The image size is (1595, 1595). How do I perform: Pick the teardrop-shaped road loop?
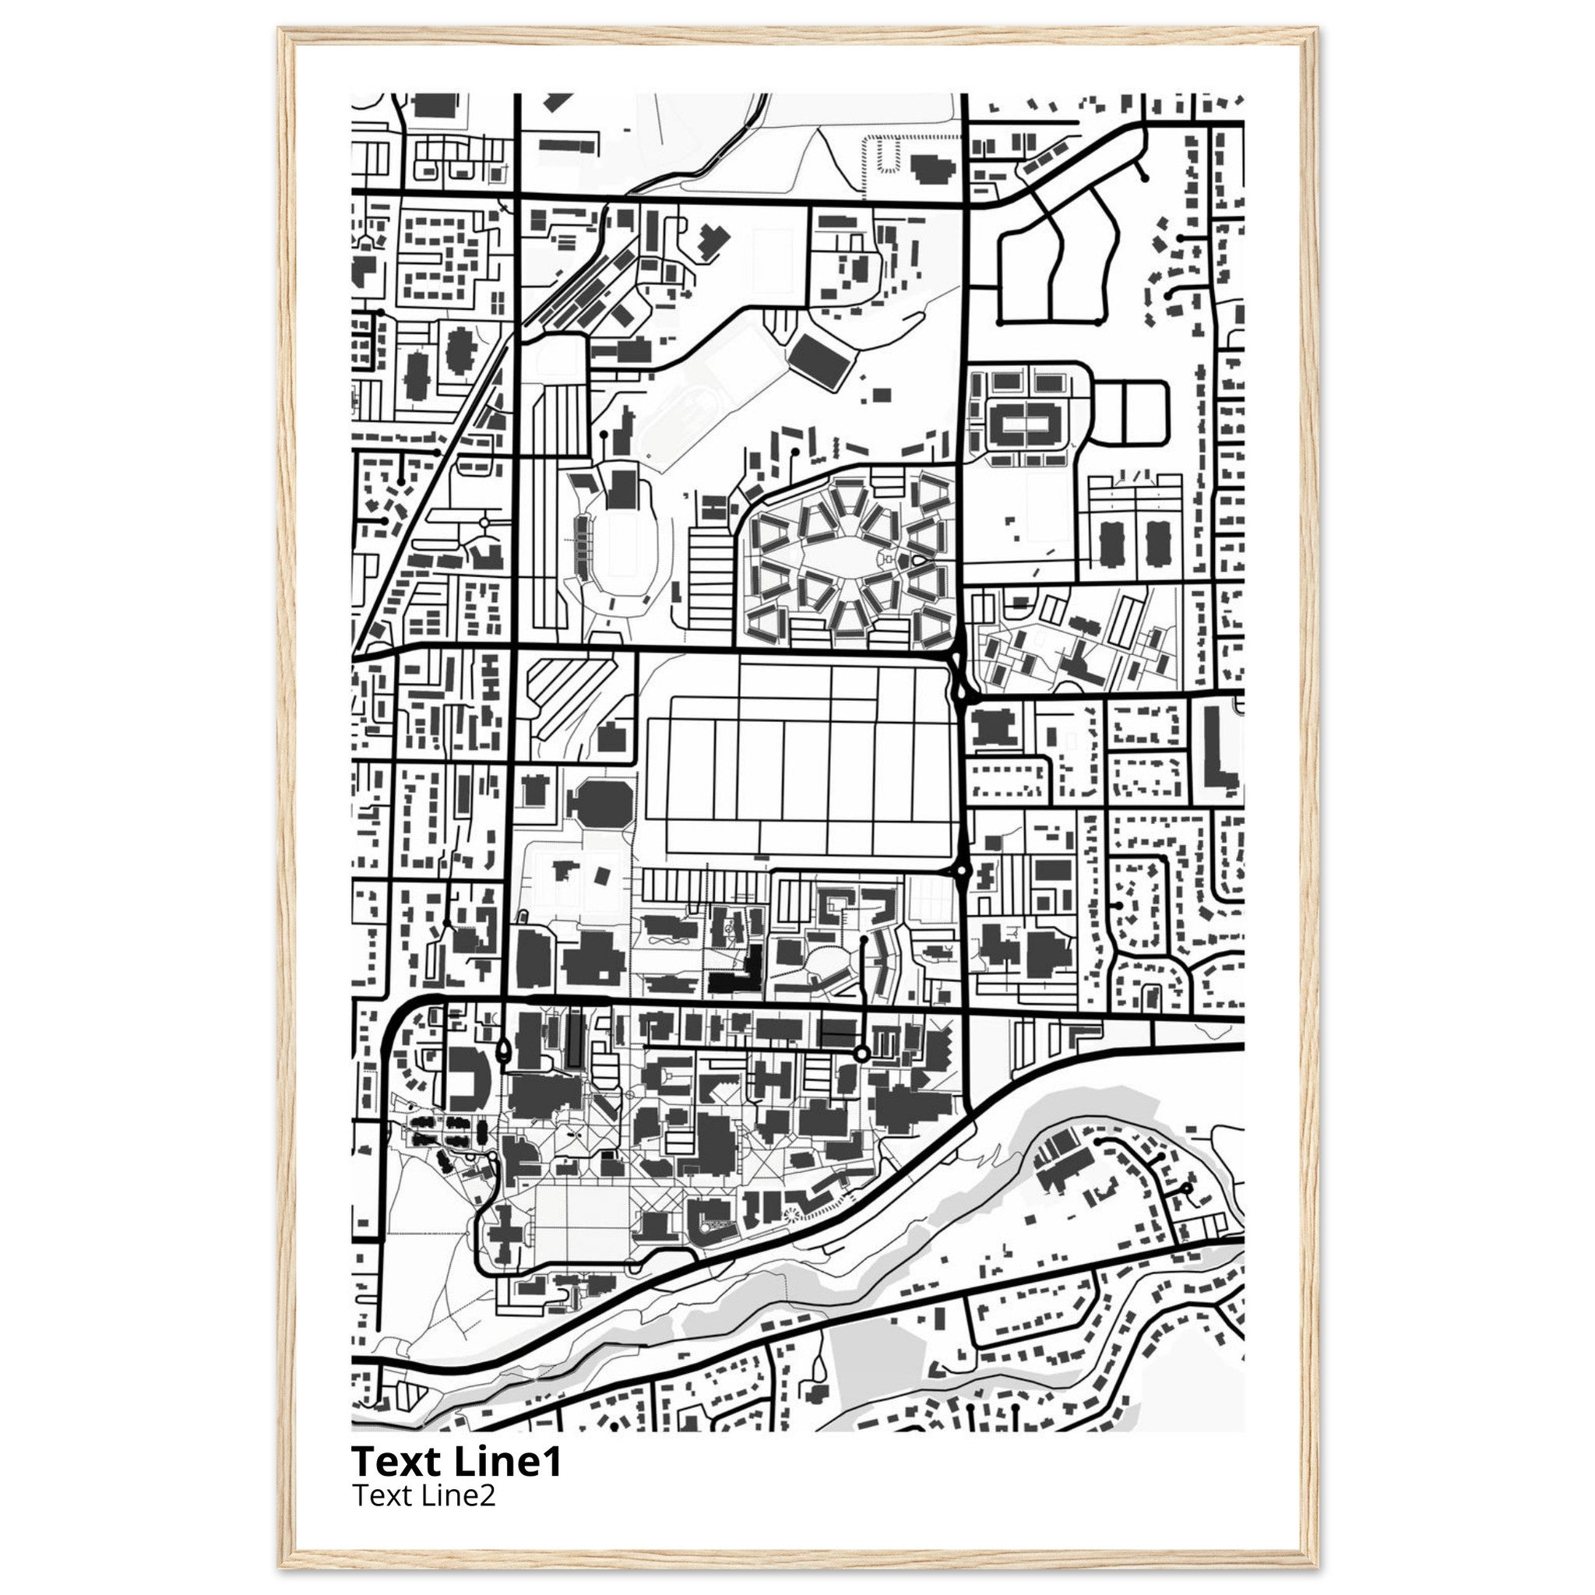(x=504, y=1051)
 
